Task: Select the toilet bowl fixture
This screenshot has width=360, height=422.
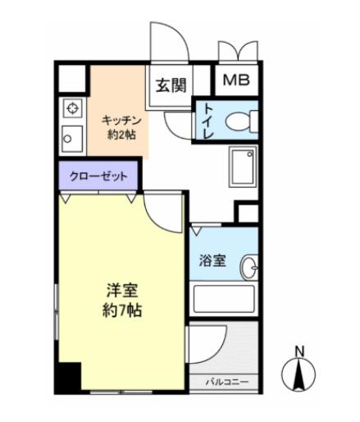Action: click(238, 122)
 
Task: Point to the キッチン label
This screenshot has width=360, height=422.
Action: click(119, 119)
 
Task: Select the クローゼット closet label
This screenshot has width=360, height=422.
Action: click(98, 176)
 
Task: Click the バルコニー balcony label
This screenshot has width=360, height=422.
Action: click(226, 381)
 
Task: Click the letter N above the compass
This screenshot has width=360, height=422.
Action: click(300, 351)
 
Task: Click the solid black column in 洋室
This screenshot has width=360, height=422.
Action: click(69, 377)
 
